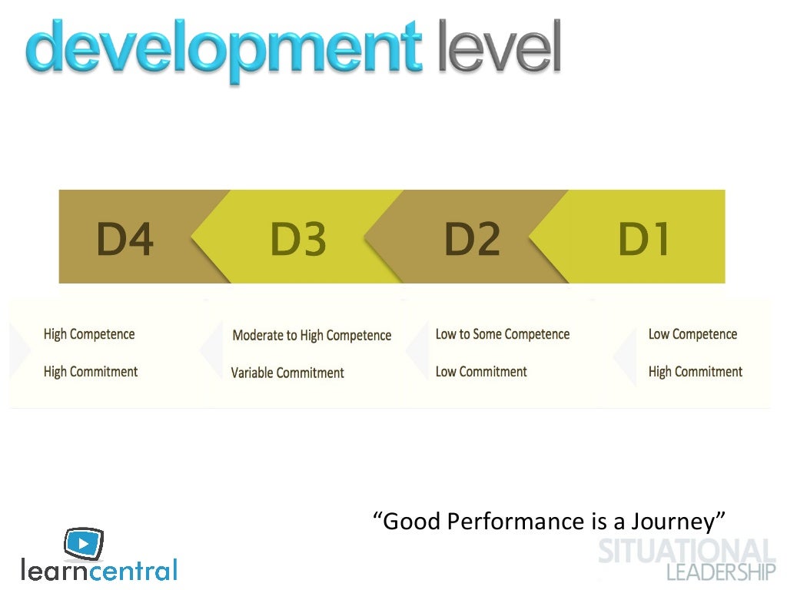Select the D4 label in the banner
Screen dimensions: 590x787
(x=125, y=240)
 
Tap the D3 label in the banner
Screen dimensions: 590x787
(x=298, y=240)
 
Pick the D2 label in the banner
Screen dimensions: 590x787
(x=472, y=240)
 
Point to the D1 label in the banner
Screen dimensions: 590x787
(x=644, y=240)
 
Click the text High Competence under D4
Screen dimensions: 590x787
(x=89, y=334)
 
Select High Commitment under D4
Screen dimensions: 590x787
(x=91, y=372)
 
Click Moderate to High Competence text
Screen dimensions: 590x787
(x=311, y=336)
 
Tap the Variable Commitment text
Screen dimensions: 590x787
(x=287, y=373)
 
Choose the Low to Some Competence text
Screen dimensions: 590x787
(x=503, y=334)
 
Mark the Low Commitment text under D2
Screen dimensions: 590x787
(x=481, y=372)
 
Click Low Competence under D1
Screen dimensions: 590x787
(x=692, y=334)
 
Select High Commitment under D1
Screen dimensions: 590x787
(x=696, y=372)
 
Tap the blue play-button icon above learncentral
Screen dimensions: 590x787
(x=84, y=543)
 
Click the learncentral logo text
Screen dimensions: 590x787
(x=99, y=570)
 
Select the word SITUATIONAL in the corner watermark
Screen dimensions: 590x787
(x=686, y=552)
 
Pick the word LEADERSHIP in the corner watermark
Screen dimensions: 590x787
(x=721, y=572)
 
